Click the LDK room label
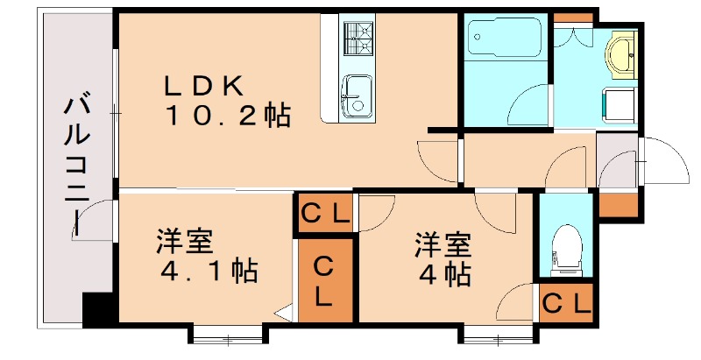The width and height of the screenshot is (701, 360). pos(209,86)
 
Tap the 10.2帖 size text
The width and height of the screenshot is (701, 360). pos(225,116)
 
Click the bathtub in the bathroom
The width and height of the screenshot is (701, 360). pos(503,40)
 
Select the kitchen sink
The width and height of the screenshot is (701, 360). pos(358,94)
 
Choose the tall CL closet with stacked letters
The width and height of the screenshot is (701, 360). pos(325,280)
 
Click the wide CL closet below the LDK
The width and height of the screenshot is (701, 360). pos(325,213)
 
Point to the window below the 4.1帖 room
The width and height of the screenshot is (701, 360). pos(226,333)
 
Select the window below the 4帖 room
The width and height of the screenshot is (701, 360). pos(496,333)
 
